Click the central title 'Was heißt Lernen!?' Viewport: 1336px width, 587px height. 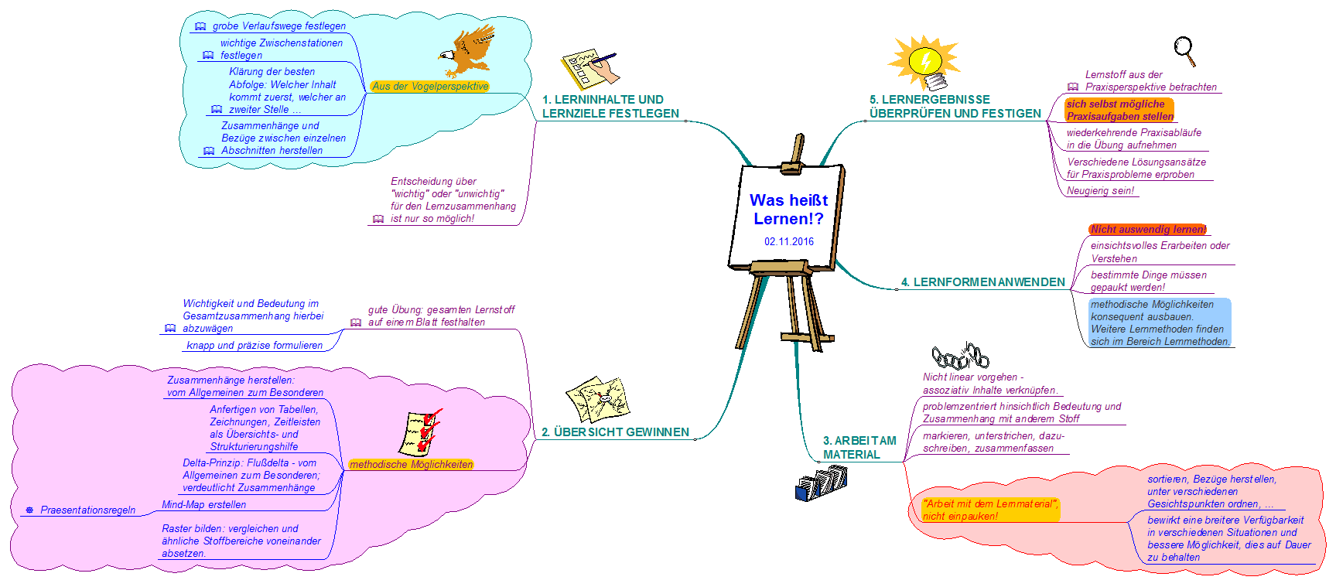788,209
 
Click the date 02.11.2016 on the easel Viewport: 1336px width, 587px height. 789,241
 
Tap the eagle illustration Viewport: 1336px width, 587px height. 467,52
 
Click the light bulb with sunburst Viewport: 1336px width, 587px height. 924,63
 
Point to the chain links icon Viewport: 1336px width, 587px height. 960,357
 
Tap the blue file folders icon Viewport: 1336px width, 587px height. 822,483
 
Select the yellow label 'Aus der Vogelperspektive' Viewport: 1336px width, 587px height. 430,86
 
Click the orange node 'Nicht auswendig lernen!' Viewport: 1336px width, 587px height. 1148,229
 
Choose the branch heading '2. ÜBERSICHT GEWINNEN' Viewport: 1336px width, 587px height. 615,432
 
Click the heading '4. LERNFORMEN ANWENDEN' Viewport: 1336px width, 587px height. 982,282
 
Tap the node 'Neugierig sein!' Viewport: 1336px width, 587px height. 1100,190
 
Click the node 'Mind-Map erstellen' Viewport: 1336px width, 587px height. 204,505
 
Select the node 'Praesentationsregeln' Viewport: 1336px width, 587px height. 87,510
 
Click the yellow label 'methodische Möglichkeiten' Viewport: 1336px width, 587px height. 411,464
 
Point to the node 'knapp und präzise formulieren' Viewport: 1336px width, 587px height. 255,346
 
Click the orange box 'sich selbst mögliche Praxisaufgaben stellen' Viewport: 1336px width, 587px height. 1119,110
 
